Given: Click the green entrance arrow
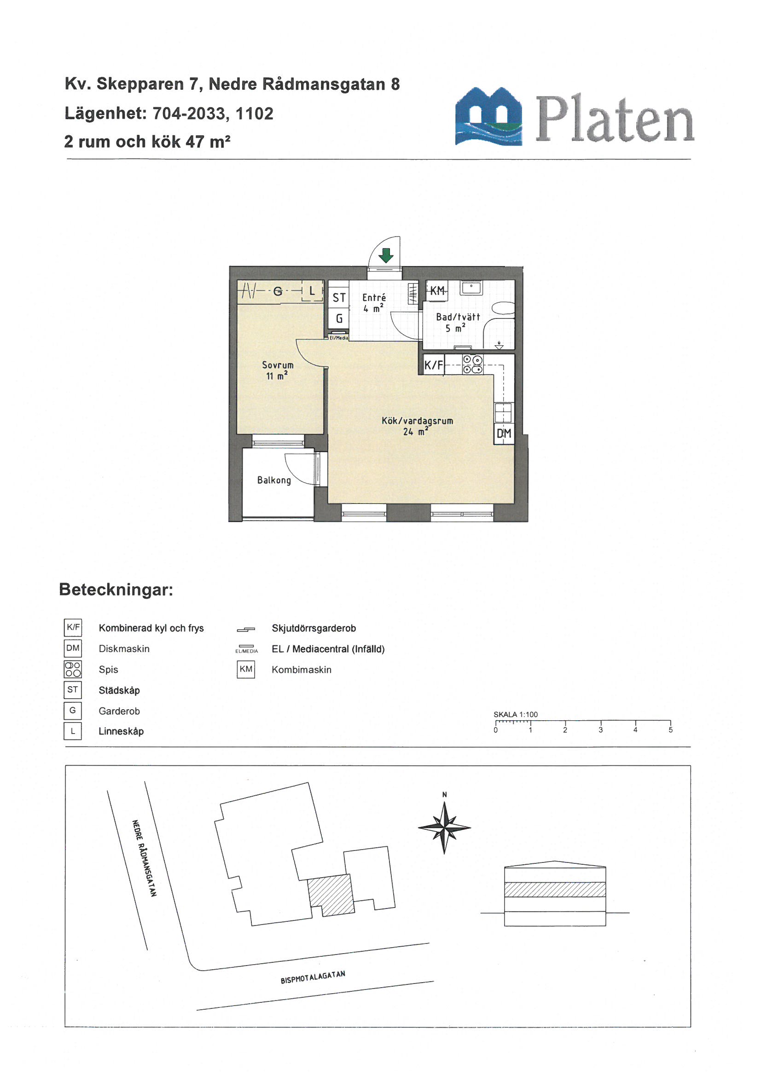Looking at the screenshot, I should click(385, 255).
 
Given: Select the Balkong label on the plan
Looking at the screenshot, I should click(274, 480).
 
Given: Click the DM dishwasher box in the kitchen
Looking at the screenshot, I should click(504, 434).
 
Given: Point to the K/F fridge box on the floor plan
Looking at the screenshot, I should click(434, 365).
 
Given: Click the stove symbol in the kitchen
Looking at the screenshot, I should click(473, 364).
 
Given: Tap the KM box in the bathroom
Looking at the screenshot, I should click(437, 290).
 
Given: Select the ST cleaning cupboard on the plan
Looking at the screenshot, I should click(339, 298).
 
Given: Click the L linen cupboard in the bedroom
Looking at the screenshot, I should click(312, 291).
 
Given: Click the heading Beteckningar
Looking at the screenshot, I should click(116, 590).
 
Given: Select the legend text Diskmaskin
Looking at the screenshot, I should click(124, 649).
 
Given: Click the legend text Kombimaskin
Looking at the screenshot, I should click(302, 670).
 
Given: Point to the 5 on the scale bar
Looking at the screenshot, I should click(670, 729).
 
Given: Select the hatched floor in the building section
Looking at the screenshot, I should click(555, 890).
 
